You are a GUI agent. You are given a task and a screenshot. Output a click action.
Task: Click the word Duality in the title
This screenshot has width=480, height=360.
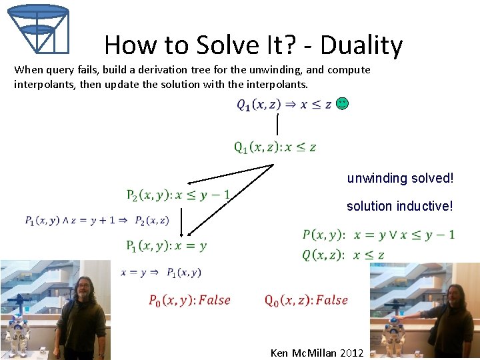coord(361,45)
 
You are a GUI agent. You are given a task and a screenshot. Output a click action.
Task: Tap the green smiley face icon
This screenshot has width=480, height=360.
coord(342,103)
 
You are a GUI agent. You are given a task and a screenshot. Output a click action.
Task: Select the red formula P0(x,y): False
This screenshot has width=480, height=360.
coord(189,300)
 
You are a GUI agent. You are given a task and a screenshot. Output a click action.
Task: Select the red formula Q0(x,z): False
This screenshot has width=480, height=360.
coord(306,300)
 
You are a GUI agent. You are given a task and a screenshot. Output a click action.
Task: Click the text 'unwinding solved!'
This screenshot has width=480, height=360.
coord(400,179)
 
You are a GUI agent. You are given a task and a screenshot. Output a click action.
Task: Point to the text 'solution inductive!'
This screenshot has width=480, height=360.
coord(399,207)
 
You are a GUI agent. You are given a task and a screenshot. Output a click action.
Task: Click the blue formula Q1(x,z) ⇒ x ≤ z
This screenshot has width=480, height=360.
coord(284,105)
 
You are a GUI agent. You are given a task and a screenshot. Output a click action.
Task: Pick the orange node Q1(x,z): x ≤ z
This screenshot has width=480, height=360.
coord(275,147)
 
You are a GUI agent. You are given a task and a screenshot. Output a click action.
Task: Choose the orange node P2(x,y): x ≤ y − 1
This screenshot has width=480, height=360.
coord(178,195)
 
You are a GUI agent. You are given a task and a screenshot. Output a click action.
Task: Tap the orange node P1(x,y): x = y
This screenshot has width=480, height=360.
coord(166,245)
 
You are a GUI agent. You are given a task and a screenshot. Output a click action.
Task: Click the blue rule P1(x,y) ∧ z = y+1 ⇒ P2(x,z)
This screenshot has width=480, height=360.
coord(97,221)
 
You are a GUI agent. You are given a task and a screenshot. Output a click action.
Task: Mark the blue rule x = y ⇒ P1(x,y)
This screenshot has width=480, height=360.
coord(161,272)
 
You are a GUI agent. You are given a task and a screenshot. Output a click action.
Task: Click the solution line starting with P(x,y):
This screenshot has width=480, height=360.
coord(378,235)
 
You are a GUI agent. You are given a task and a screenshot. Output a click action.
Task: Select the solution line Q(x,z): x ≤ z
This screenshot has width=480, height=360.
coord(343,255)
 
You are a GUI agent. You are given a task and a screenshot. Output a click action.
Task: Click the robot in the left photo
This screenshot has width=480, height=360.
coord(19,327)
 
